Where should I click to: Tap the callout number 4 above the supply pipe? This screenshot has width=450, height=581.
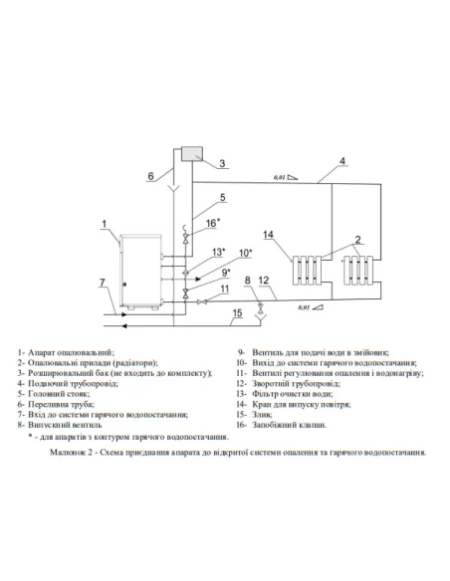[x=342, y=160]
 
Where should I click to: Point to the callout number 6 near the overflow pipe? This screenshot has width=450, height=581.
[x=150, y=177]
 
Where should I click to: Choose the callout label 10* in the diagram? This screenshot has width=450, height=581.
[x=245, y=254]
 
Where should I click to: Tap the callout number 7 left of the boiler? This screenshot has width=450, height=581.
[x=102, y=284]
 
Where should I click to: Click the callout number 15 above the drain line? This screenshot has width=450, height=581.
[x=237, y=315]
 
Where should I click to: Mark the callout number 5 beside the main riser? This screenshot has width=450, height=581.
[x=223, y=197]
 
